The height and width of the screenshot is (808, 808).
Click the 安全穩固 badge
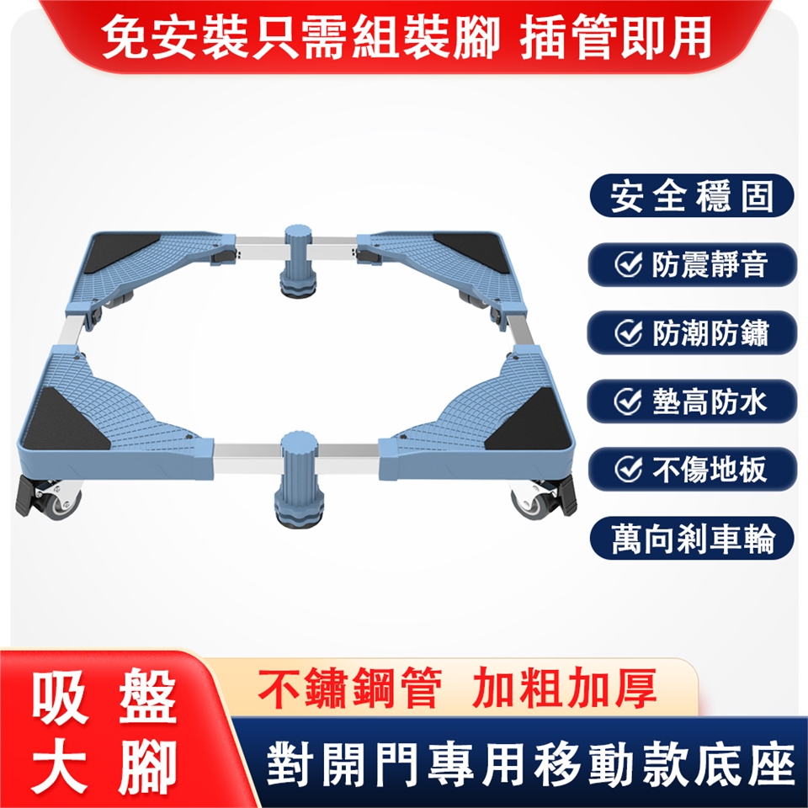pyautogui.click(x=691, y=196)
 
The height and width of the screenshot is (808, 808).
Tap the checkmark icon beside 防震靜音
pyautogui.click(x=629, y=264)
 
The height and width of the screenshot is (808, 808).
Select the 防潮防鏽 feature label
pyautogui.click(x=710, y=333)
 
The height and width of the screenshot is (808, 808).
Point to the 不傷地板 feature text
pyautogui.click(x=710, y=470)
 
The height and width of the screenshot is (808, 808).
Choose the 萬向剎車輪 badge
pyautogui.click(x=691, y=539)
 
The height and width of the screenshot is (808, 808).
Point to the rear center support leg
pyautogui.click(x=300, y=261)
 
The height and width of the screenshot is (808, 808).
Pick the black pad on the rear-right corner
pyautogui.click(x=470, y=252)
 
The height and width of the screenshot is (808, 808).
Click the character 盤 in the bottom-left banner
pyautogui.click(x=148, y=699)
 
